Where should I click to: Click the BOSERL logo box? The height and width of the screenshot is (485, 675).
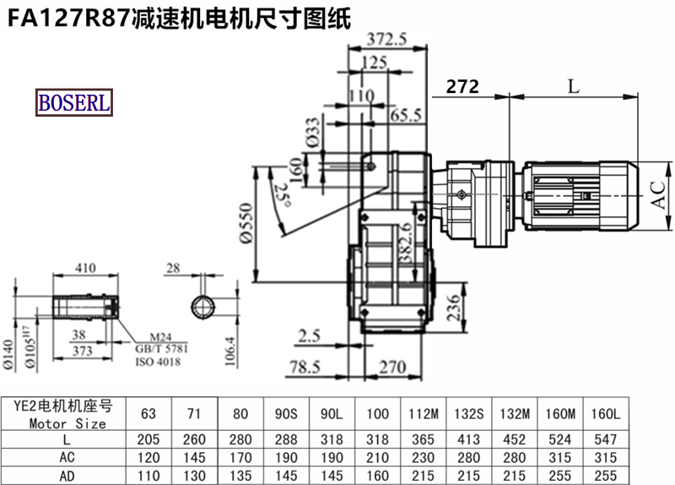(74, 102)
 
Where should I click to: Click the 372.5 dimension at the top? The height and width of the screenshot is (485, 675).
(386, 40)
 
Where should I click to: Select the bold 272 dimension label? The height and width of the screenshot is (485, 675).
(462, 87)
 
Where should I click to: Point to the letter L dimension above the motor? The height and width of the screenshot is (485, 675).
(573, 87)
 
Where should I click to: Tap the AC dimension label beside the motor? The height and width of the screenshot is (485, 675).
(658, 195)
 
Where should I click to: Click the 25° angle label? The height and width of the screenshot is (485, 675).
(283, 195)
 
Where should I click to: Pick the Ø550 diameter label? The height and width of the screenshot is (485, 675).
(246, 223)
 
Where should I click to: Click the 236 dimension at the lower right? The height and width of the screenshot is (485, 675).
(454, 308)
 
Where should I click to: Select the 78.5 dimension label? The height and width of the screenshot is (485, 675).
(305, 368)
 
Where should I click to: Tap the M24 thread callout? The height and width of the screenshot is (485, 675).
(160, 336)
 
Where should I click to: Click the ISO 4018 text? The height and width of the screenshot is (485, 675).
(158, 362)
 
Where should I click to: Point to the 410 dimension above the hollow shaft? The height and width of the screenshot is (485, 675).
(86, 268)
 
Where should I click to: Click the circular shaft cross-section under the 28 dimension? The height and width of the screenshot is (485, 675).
(203, 308)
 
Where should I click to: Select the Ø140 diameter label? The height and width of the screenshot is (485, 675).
(8, 355)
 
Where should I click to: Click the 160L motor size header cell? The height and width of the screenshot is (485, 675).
(605, 414)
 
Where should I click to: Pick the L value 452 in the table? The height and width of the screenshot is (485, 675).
(515, 439)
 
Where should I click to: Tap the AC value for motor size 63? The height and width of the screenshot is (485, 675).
(148, 457)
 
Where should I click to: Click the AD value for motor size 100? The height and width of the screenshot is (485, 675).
(377, 476)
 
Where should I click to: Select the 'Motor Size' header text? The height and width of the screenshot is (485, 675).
(67, 423)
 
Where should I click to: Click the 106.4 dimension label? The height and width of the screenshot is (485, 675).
(230, 351)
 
